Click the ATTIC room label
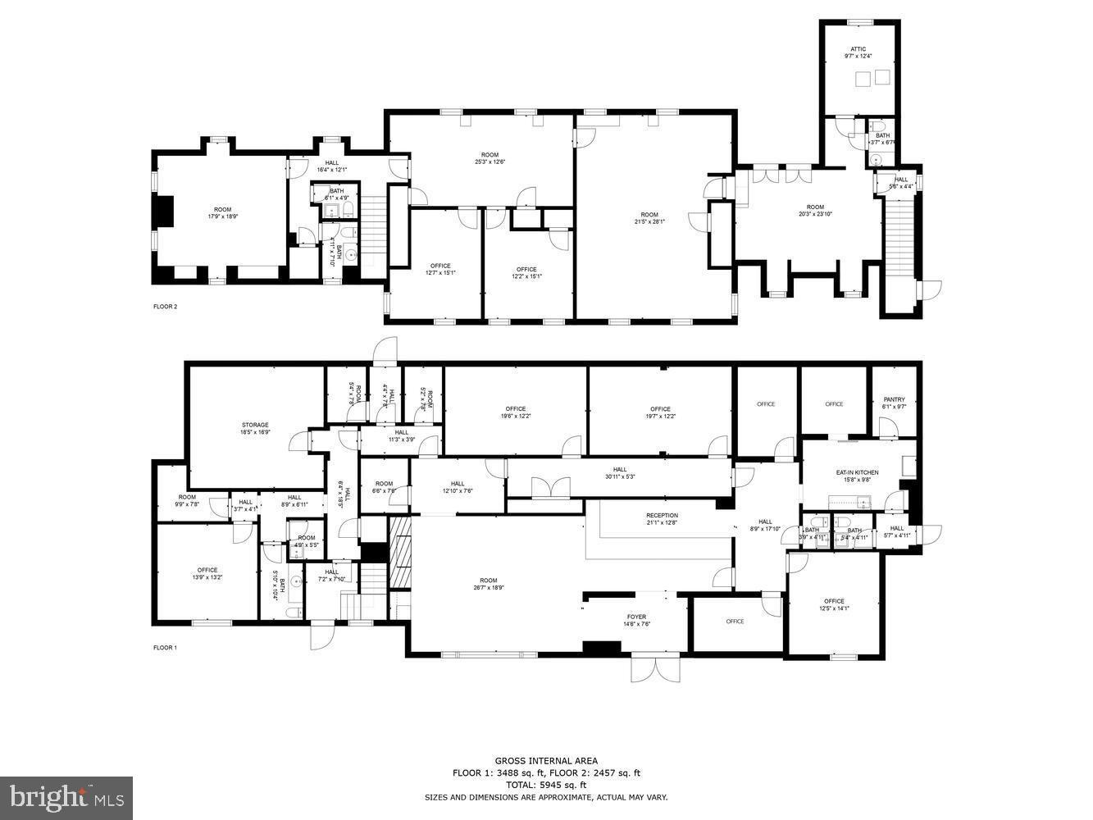(858, 49)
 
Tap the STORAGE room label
(255, 425)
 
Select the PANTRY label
(894, 399)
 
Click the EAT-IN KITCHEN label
(857, 472)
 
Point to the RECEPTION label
(662, 516)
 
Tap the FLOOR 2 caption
(165, 307)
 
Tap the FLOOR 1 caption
(165, 648)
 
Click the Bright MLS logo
(66, 797)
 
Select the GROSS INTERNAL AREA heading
(546, 761)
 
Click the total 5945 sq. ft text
(546, 785)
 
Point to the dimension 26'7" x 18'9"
(489, 588)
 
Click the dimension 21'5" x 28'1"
(649, 221)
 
